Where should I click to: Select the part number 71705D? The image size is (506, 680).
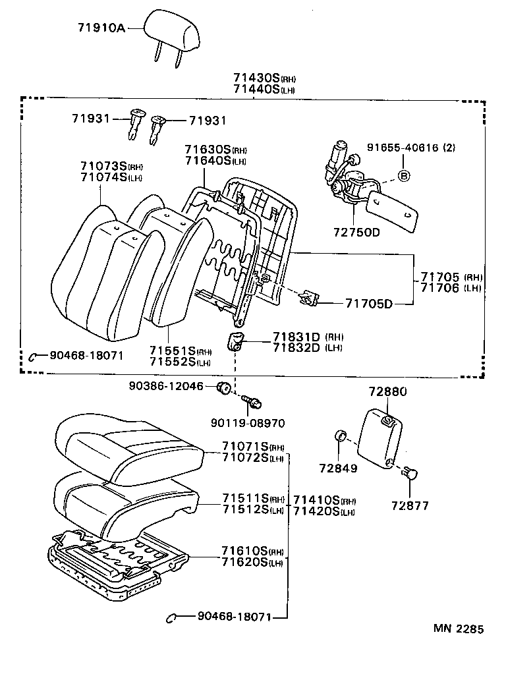369,304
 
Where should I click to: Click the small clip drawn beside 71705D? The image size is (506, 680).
308,298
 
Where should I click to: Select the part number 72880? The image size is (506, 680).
388,392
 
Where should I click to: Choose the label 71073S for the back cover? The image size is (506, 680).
103,165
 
